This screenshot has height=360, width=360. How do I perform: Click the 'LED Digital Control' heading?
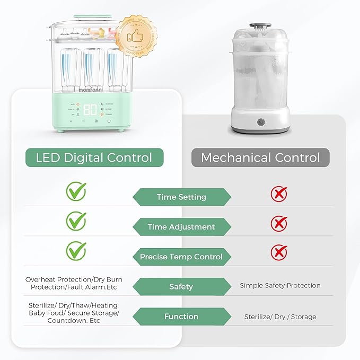pyautogui.click(x=94, y=157)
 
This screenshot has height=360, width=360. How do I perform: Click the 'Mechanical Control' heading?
pyautogui.click(x=261, y=157)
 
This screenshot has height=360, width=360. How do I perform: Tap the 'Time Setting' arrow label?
pyautogui.click(x=181, y=197)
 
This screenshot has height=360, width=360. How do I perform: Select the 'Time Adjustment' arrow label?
pyautogui.click(x=181, y=227)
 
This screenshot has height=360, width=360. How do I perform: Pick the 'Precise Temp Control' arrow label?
pyautogui.click(x=181, y=257)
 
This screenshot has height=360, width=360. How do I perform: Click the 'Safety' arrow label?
pyautogui.click(x=181, y=287)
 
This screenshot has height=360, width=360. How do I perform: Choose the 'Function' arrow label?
pyautogui.click(x=181, y=317)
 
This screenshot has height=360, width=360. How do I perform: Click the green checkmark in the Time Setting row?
pyautogui.click(x=76, y=191)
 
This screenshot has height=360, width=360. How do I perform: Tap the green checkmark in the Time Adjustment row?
pyautogui.click(x=76, y=220)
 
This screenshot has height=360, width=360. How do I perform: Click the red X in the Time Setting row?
pyautogui.click(x=279, y=194)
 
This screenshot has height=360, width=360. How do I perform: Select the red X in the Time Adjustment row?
pyautogui.click(x=279, y=223)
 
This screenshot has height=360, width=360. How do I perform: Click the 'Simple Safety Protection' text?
pyautogui.click(x=280, y=285)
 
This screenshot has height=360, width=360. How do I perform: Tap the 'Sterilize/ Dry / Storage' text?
pyautogui.click(x=280, y=317)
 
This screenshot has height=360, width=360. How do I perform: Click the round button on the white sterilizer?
pyautogui.click(x=261, y=122)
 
